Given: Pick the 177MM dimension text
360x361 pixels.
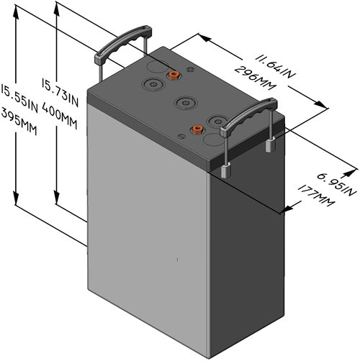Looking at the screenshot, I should point(315,198).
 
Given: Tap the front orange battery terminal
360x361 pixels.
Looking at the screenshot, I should point(195,131).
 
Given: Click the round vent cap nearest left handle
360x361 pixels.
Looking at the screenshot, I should point(153,84).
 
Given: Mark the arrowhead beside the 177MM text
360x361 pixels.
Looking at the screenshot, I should point(289,209).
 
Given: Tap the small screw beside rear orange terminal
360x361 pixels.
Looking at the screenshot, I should point(191,70).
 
